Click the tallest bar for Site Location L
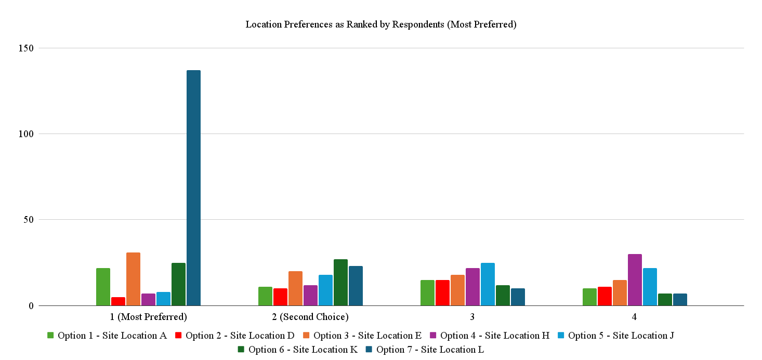point(193,188)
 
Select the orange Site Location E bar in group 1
point(133,279)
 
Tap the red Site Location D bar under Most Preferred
point(118,301)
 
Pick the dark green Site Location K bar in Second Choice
point(340,282)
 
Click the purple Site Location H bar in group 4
point(635,279)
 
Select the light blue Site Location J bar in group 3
point(488,284)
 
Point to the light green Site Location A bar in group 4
point(589,297)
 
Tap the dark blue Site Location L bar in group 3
point(518,297)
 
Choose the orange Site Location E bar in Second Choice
point(295,288)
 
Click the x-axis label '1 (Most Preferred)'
point(148,317)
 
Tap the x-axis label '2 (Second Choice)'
point(310,317)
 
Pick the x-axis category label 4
point(634,317)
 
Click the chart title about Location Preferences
point(380,24)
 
